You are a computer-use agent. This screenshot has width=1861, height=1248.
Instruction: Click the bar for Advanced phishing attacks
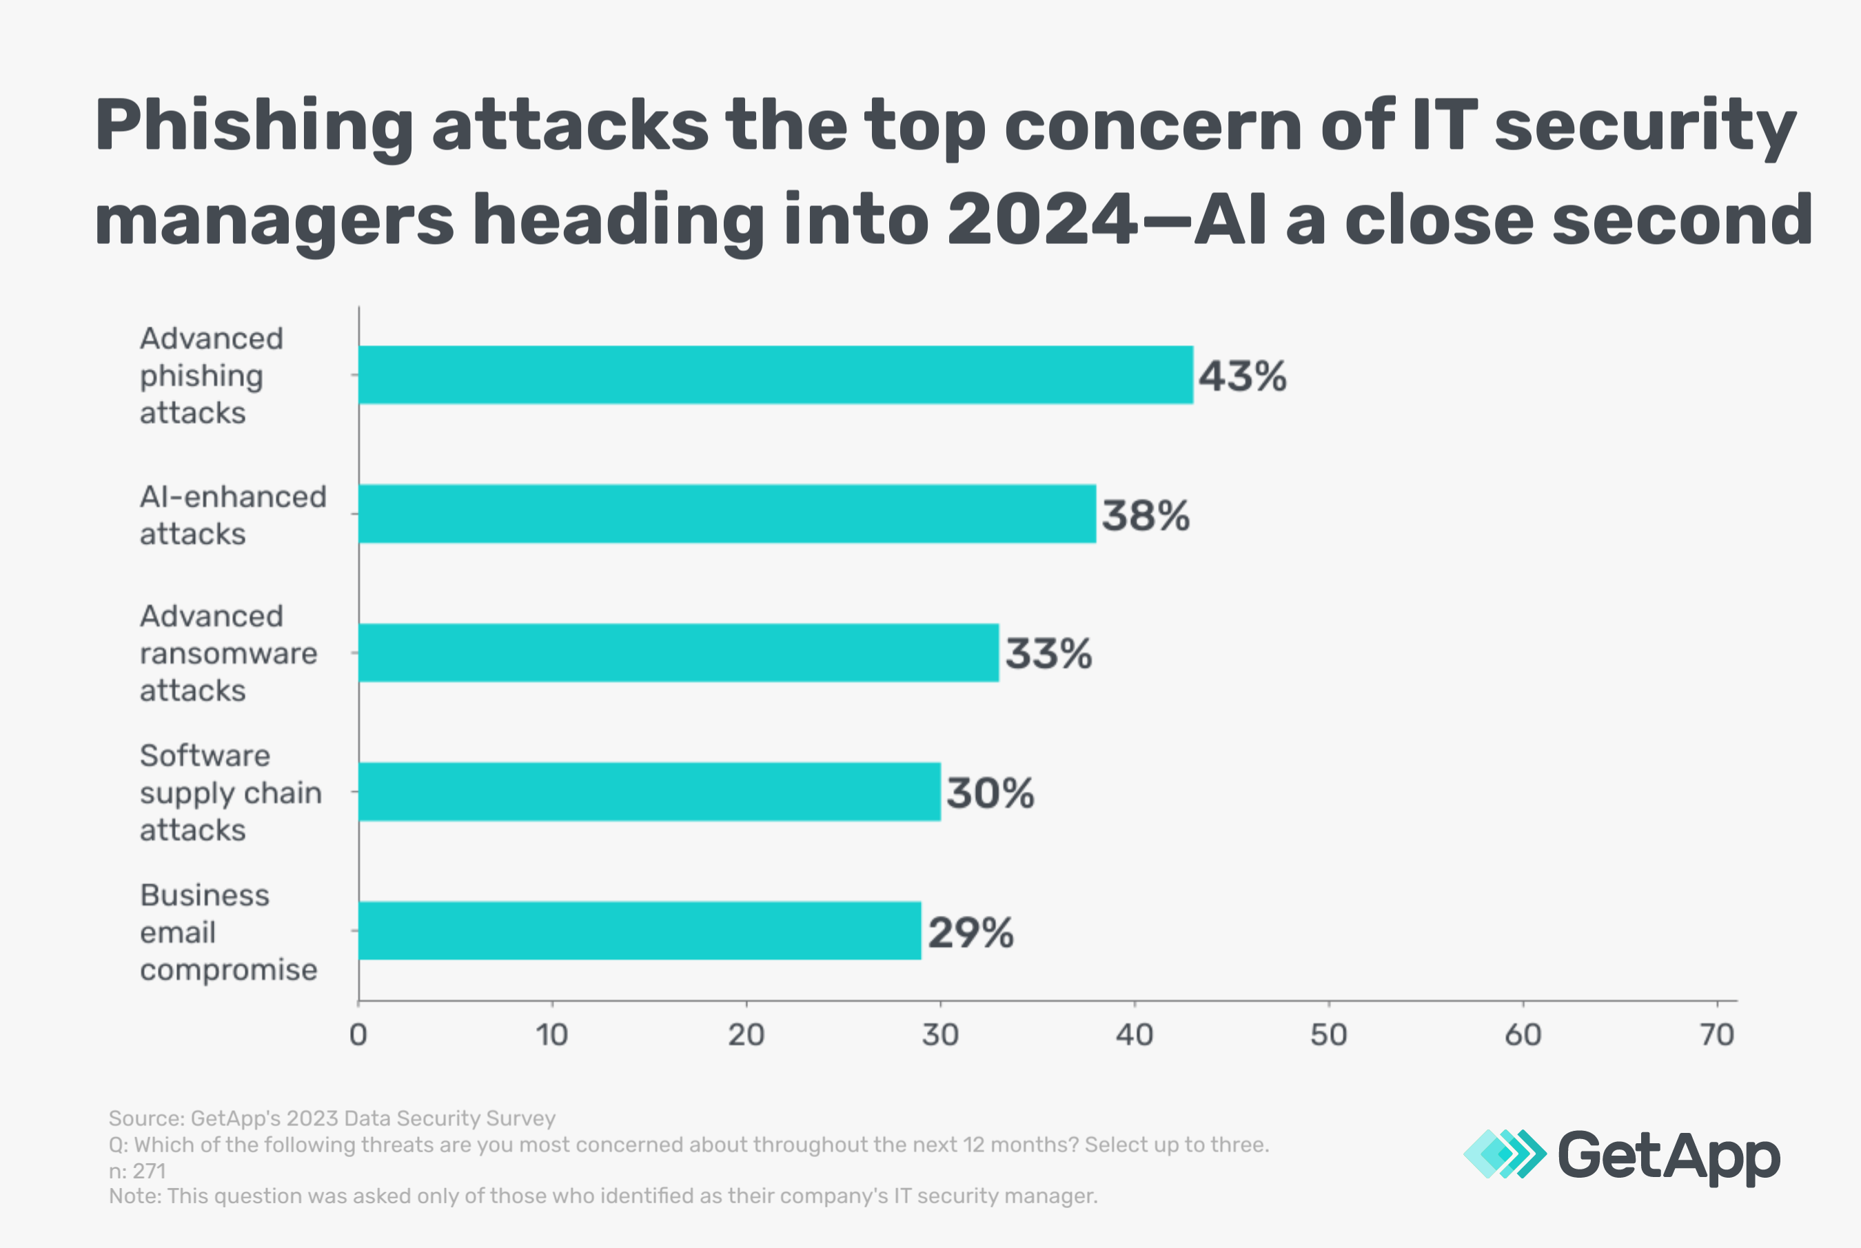point(776,375)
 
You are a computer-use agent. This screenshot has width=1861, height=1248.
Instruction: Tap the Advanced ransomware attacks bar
point(678,653)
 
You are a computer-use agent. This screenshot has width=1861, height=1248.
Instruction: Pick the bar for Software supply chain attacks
point(649,792)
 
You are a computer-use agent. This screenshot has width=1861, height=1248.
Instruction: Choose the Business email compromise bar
point(640,930)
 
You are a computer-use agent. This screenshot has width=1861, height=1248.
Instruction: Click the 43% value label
point(1243,376)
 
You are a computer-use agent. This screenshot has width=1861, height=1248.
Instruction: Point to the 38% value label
point(1146,515)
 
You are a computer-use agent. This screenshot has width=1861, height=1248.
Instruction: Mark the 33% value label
point(1048,654)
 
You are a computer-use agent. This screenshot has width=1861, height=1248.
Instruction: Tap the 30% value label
point(990,794)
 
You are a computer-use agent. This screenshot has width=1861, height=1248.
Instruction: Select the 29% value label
point(970,933)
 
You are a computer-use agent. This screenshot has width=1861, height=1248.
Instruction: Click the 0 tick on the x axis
point(358,1034)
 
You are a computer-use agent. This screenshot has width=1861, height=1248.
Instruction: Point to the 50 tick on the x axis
point(1328,1034)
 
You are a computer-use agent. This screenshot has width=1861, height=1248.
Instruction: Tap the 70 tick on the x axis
point(1717,1034)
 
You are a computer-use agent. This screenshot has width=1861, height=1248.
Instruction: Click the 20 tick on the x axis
point(746,1034)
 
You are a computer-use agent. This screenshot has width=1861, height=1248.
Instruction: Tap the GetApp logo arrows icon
point(1505,1154)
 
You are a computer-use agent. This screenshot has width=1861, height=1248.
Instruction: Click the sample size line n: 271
point(137,1171)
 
